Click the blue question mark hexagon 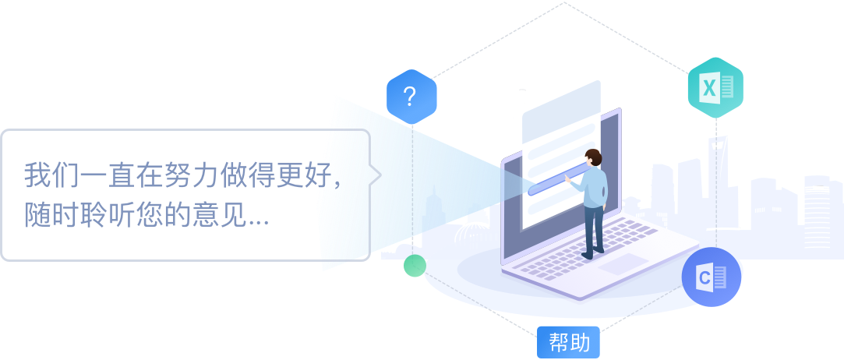[x=411, y=97]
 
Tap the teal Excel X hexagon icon [x=715, y=88]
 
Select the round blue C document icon [x=711, y=277]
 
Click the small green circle [x=415, y=266]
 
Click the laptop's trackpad [x=623, y=264]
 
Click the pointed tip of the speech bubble [x=380, y=175]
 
